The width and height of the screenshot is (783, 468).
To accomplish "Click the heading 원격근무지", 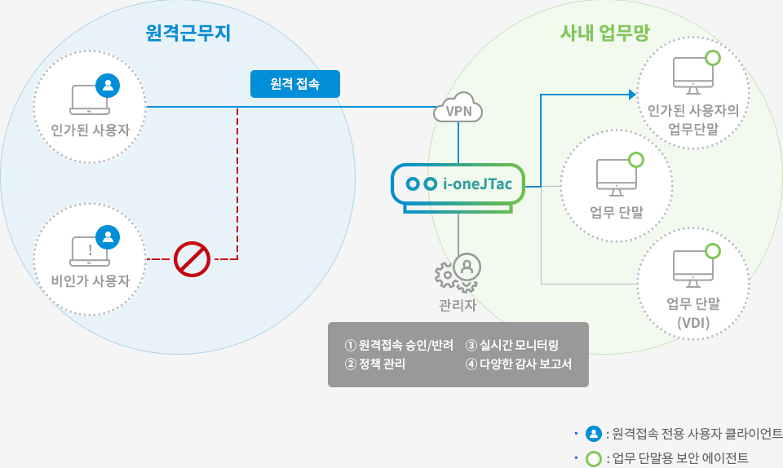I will click(x=188, y=33).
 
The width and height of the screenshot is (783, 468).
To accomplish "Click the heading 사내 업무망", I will click(x=599, y=33).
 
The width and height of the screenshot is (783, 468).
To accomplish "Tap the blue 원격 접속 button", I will click(x=294, y=84).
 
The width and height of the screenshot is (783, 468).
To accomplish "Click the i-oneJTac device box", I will click(x=458, y=185).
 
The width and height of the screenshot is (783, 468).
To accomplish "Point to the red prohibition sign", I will click(x=192, y=259).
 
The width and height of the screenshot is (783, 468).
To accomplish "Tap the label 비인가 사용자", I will click(x=91, y=281).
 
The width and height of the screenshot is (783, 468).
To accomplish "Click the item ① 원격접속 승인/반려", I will click(x=399, y=344).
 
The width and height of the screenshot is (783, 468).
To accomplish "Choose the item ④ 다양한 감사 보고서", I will click(x=518, y=364).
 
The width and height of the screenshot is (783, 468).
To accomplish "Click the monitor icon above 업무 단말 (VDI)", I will click(x=692, y=268).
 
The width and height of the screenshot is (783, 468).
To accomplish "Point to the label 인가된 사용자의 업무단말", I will click(x=693, y=119).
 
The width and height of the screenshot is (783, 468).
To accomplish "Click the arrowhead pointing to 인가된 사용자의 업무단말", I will click(x=632, y=95).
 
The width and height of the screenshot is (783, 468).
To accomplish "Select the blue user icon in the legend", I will click(x=594, y=433).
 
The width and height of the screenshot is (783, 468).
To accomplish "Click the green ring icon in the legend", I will click(x=594, y=457).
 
